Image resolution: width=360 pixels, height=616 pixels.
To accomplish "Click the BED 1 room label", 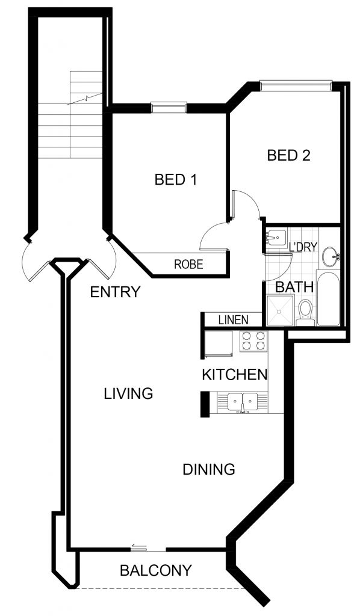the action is pos(175,180).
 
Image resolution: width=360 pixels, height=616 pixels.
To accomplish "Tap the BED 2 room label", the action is pos(288,156).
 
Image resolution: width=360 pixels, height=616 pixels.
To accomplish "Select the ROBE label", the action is pos(188,264).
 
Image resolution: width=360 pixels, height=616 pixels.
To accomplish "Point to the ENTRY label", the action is pos(115,292).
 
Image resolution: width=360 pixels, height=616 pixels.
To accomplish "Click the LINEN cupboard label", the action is pos(234,320).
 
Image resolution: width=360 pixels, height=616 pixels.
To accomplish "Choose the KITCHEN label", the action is pos(235,375).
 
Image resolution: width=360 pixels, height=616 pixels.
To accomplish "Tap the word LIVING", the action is pos(128,393).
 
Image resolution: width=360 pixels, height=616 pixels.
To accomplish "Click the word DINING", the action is pos(209,469).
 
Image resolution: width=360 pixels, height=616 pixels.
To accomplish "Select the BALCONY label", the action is pos(156,570).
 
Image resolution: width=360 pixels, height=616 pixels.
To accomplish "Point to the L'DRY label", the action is pos(303,247).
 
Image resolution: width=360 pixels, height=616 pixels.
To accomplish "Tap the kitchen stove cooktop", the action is pos(253,340).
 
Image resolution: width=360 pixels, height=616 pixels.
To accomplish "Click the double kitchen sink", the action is pos(243,402).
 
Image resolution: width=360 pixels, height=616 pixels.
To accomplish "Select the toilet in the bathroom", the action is pos(305,313).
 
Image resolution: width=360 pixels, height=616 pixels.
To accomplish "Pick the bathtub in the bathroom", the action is pos(327,298).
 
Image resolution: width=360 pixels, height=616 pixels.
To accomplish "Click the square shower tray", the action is pos(280,311).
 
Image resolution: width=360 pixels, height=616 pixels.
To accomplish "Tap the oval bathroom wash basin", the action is pos(330,256).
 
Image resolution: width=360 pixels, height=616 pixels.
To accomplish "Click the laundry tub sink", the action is pos(277,237).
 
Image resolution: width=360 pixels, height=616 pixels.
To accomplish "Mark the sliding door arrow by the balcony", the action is pos(138,545).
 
